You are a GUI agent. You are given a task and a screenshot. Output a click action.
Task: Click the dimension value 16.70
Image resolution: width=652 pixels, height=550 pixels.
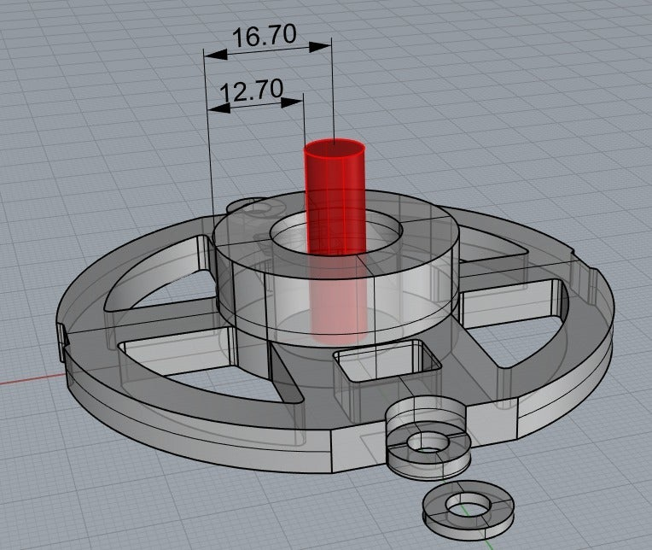(x=265, y=35)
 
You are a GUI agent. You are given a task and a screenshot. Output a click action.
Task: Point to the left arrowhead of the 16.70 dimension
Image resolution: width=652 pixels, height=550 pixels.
(x=214, y=54)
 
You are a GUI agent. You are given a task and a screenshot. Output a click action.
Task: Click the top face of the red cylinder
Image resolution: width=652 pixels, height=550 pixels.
(x=335, y=150)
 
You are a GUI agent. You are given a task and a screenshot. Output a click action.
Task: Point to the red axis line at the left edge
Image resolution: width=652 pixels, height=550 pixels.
(x=26, y=379)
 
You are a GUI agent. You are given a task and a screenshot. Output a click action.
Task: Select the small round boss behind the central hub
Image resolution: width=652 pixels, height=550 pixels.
(x=249, y=206)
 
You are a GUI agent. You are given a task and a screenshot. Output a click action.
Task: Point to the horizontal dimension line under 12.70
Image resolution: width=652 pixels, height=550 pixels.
(x=256, y=105)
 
